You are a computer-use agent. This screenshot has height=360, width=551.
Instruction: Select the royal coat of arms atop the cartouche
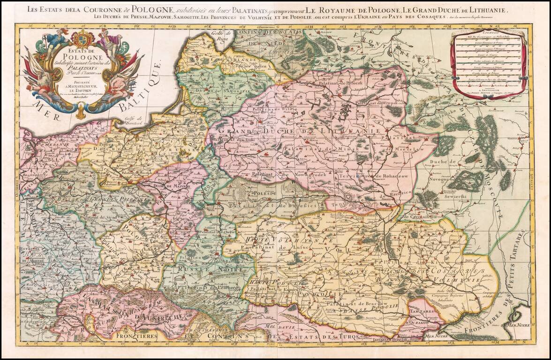coord(84,37)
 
